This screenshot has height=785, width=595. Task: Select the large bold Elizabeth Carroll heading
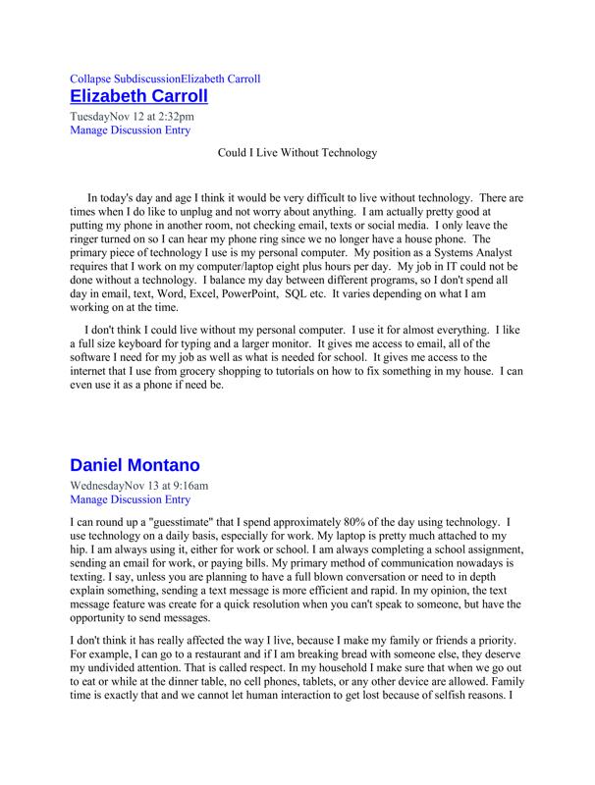point(152,96)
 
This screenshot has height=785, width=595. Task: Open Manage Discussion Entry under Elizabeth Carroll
point(131,130)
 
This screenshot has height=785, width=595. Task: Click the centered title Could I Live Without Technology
point(297,154)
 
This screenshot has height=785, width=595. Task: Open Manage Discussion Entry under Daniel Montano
point(131,498)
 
